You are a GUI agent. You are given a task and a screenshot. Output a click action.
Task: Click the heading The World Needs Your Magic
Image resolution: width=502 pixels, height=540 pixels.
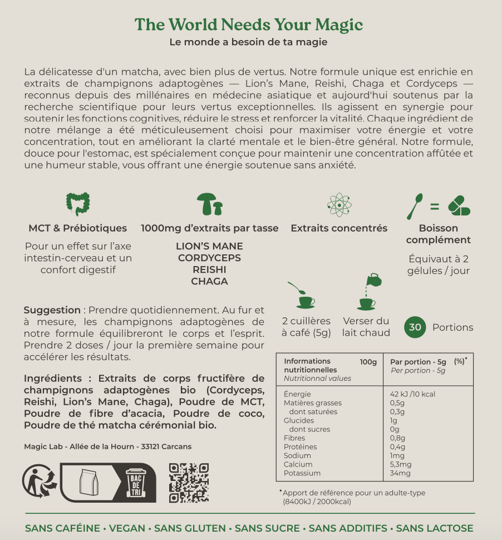[x=249, y=24]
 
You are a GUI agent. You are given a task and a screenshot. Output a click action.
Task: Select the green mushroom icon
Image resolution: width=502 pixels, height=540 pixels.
[x=210, y=205]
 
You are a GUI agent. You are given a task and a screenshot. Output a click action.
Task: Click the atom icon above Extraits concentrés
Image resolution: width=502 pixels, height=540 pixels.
[x=339, y=205]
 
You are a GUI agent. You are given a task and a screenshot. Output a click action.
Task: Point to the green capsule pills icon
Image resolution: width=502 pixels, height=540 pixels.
[x=459, y=205]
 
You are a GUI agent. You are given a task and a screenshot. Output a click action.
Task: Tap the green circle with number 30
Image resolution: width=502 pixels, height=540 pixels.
[x=415, y=327]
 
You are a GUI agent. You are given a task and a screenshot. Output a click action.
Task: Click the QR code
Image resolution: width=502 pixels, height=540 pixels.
[x=189, y=483]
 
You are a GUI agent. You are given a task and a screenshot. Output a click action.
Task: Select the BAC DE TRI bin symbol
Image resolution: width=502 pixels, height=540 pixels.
[x=136, y=482]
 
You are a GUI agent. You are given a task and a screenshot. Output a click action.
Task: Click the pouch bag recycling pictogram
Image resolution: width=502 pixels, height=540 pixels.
[x=88, y=482]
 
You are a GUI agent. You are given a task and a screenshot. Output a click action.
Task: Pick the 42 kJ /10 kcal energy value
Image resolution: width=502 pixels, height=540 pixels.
[x=412, y=394]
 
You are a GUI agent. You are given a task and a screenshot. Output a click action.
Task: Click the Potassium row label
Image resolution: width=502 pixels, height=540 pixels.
[x=302, y=473]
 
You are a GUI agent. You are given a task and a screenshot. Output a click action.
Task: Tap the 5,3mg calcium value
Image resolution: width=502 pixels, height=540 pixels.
[x=401, y=464]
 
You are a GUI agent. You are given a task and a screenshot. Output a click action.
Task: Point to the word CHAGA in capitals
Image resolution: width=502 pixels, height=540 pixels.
[x=209, y=282]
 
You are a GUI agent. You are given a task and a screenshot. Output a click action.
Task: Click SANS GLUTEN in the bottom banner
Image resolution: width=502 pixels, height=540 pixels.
[x=190, y=528]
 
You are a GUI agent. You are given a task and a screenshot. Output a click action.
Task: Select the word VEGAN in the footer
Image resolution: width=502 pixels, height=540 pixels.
[x=127, y=528]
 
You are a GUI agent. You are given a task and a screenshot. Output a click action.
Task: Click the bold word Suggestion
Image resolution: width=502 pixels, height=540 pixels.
[x=52, y=310]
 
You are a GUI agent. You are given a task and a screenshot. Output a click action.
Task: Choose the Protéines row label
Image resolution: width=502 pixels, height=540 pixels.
[x=301, y=446]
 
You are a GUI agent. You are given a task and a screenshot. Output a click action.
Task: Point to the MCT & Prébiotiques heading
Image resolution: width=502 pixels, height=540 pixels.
[x=78, y=228]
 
